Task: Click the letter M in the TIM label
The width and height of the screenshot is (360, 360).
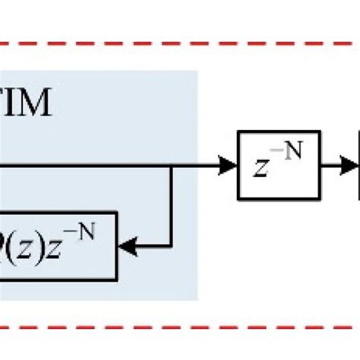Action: pos(34,104)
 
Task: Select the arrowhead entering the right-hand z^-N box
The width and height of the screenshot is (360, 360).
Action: pos(227,165)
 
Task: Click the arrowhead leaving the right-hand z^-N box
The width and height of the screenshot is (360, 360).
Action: pos(349,165)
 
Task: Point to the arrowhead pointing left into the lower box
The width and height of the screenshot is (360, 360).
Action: pos(129,245)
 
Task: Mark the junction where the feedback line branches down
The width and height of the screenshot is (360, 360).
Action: pos(172,165)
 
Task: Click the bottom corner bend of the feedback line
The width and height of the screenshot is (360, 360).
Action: pos(172,245)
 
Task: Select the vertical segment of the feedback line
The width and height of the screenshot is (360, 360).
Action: pos(172,205)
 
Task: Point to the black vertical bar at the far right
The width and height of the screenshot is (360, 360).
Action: pos(358,165)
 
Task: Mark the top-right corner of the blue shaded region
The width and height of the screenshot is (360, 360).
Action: pos(197,72)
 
